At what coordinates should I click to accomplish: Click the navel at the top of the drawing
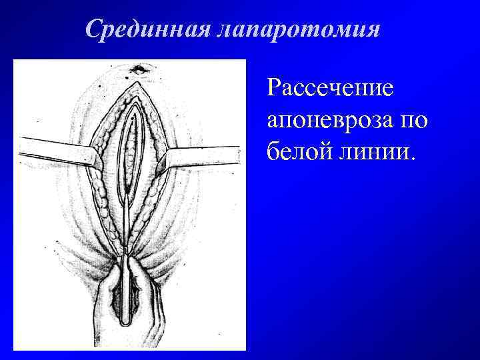[x=139, y=69]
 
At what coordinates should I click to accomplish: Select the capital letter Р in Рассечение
[x=273, y=88]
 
